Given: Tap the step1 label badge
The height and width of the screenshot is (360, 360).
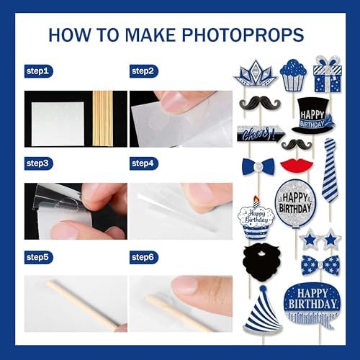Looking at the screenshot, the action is pyautogui.click(x=38, y=71).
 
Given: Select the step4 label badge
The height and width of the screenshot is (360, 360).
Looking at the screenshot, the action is pyautogui.click(x=144, y=163).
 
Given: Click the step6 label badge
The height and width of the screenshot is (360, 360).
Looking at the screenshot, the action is pyautogui.click(x=144, y=258).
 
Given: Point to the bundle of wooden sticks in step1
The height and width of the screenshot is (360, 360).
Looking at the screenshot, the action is pyautogui.click(x=102, y=119).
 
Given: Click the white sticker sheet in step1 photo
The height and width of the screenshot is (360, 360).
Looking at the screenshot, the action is pyautogui.click(x=58, y=124).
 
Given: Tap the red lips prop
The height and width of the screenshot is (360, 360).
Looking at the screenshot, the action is pyautogui.click(x=297, y=165).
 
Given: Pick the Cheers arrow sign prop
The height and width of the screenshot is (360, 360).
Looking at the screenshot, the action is pyautogui.click(x=261, y=134).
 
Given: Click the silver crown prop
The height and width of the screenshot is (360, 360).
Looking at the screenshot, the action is pyautogui.click(x=255, y=73).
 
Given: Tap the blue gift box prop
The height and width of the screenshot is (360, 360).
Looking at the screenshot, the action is pyautogui.click(x=327, y=74).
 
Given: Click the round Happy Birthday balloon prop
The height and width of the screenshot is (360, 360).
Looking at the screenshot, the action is pyautogui.click(x=295, y=203).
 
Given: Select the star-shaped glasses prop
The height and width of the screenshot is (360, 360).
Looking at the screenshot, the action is pyautogui.click(x=320, y=239).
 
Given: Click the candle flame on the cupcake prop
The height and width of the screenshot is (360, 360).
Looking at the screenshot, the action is pyautogui.click(x=256, y=199).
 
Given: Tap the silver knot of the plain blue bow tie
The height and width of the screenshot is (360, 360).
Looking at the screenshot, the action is pyautogui.click(x=258, y=166).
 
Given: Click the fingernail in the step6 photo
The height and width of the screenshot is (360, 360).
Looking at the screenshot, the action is pyautogui.click(x=184, y=284).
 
